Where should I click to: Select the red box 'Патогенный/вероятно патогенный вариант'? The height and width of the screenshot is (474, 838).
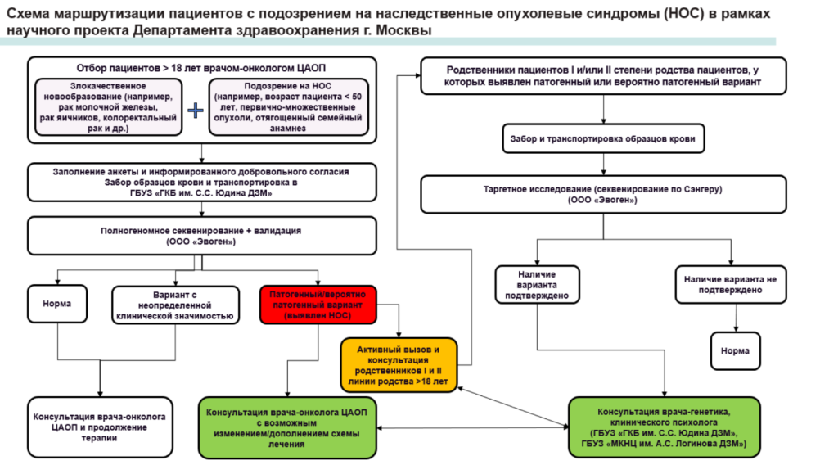[317, 304]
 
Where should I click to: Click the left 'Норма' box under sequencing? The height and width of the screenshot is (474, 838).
[56, 304]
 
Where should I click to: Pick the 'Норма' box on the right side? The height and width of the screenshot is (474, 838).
[734, 351]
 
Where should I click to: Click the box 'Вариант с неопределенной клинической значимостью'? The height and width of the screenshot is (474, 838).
[176, 305]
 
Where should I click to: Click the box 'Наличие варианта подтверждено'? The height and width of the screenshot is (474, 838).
[537, 284]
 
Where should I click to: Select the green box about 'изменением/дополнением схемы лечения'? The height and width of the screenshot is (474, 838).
[286, 427]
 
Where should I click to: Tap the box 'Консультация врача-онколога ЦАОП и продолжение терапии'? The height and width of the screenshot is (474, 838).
[100, 427]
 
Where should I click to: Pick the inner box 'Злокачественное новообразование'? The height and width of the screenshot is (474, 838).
[109, 107]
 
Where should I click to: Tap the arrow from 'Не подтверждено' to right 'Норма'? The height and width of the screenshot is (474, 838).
[734, 314]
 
